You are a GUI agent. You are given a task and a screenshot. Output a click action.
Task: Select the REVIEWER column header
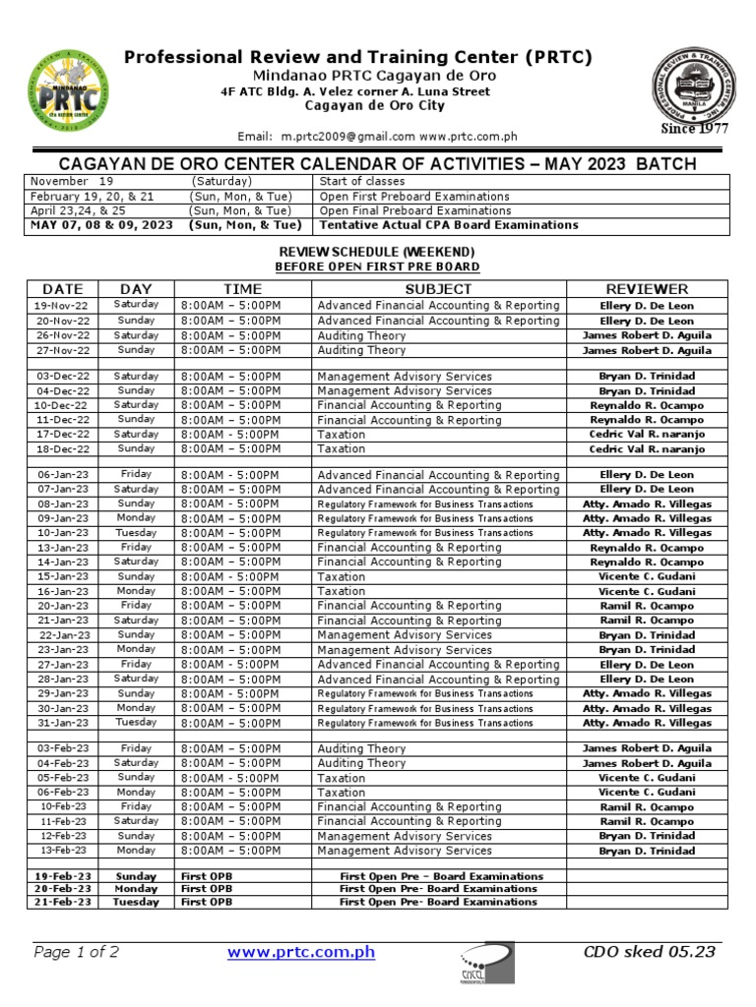647,288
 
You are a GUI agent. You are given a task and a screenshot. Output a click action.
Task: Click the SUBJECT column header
438,288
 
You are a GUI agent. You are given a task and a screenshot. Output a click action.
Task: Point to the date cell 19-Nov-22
63,306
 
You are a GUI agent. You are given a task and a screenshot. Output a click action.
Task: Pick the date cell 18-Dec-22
63,449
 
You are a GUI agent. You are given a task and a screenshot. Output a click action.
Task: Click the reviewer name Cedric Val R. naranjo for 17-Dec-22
647,435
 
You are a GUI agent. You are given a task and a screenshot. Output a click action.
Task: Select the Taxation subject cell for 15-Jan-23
342,577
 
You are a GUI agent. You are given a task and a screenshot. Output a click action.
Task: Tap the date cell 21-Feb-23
63,902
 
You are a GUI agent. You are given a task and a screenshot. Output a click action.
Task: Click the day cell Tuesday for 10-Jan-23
136,533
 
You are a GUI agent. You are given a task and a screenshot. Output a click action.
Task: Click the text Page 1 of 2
77,952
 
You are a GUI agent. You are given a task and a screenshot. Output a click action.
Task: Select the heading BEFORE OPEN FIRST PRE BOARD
378,267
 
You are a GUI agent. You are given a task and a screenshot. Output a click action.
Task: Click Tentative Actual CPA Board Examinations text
448,225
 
